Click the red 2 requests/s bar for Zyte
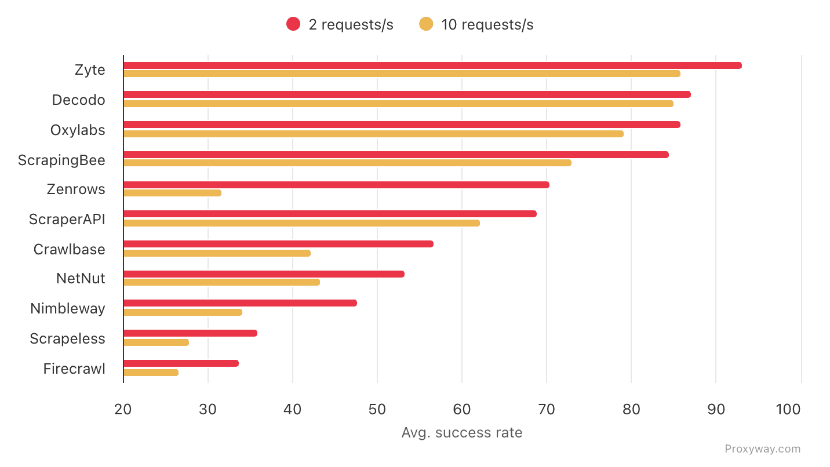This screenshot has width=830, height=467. pyautogui.click(x=432, y=65)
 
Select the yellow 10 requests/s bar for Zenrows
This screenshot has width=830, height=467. pyautogui.click(x=172, y=193)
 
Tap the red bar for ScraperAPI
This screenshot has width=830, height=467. pyautogui.click(x=330, y=214)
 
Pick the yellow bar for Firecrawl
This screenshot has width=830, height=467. pyautogui.click(x=151, y=373)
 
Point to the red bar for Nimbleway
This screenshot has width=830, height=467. pyautogui.click(x=240, y=303)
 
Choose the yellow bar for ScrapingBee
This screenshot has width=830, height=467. pyautogui.click(x=347, y=163)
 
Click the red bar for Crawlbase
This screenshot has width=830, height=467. pyautogui.click(x=278, y=244)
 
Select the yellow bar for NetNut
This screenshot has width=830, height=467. pyautogui.click(x=221, y=282)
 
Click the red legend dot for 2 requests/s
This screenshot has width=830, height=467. pyautogui.click(x=293, y=24)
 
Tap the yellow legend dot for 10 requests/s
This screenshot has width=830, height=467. pyautogui.click(x=426, y=24)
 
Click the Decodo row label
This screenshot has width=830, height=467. pyautogui.click(x=79, y=100)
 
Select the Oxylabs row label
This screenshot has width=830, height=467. pyautogui.click(x=78, y=130)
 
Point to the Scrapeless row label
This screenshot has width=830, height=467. pyautogui.click(x=68, y=339)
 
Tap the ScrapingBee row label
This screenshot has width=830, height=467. pyautogui.click(x=62, y=160)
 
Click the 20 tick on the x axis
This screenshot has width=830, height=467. pyautogui.click(x=123, y=410)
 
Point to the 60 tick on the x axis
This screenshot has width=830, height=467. pyautogui.click(x=461, y=410)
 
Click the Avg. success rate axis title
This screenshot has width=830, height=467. pyautogui.click(x=461, y=433)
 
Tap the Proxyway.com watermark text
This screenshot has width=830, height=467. pyautogui.click(x=762, y=449)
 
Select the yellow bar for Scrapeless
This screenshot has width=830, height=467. pyautogui.click(x=156, y=342)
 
